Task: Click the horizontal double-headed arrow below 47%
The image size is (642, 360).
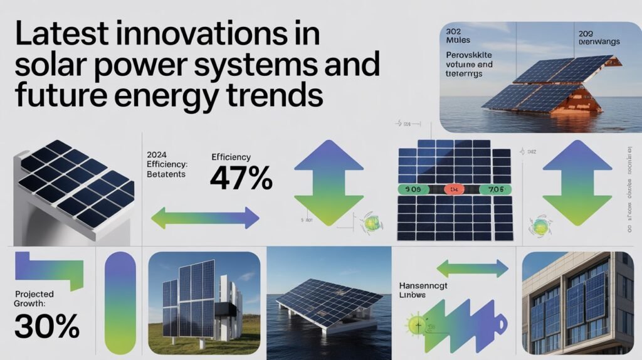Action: [x=205, y=218]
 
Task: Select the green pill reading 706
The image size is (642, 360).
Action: [x=494, y=188]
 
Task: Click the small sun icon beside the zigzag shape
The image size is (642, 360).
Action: [x=417, y=326]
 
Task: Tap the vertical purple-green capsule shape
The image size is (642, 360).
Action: [x=120, y=304]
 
